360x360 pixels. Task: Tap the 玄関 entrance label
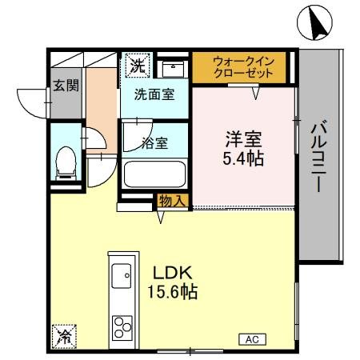(x=66, y=86)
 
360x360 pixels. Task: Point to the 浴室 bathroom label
(x=154, y=144)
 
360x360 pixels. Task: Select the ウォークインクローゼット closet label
(x=242, y=66)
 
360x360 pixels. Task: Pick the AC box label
(x=251, y=339)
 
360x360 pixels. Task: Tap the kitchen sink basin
(x=122, y=276)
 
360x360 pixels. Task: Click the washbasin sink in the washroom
(x=170, y=66)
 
